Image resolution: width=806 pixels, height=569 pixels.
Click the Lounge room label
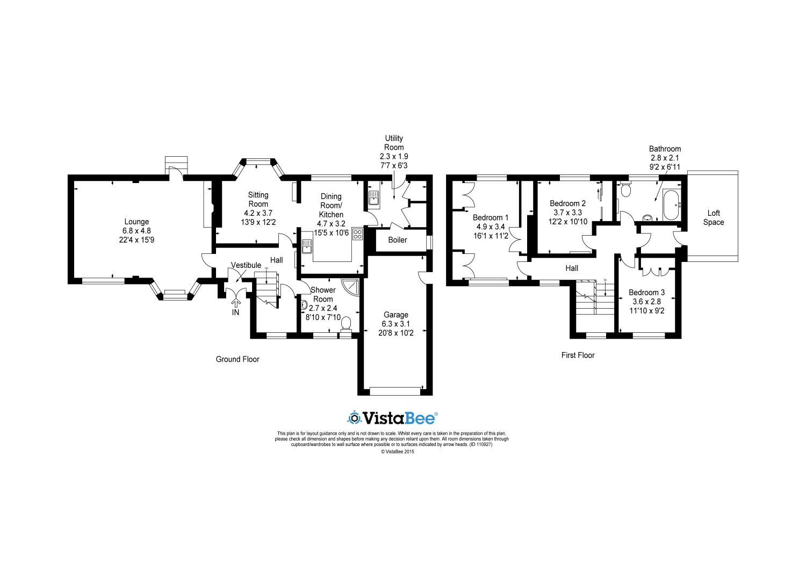(x=136, y=222)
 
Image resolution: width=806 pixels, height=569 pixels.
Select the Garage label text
(x=395, y=315)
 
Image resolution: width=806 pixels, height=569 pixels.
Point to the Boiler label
(x=398, y=240)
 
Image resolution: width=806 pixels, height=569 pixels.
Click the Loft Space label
(x=714, y=217)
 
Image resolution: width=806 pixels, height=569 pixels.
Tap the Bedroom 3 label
(x=647, y=293)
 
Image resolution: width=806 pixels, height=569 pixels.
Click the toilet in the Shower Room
(x=347, y=322)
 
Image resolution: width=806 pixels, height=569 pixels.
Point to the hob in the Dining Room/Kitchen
(x=357, y=235)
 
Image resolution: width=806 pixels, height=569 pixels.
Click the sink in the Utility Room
(x=374, y=199)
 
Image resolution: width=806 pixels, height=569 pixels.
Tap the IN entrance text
(x=235, y=312)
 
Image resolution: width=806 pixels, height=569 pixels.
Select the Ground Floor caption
(x=238, y=359)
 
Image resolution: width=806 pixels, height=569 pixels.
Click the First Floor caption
(x=578, y=355)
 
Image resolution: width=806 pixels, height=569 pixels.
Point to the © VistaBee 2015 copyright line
(x=398, y=451)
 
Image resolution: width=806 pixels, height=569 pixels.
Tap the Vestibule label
(x=246, y=265)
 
